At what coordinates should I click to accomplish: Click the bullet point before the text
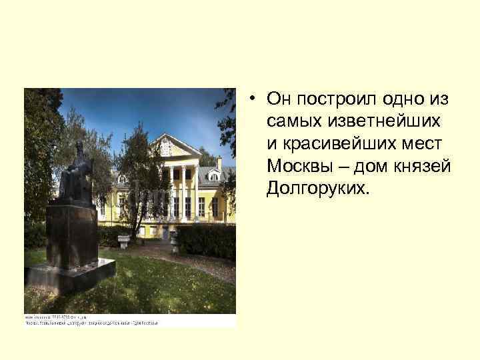click(255, 99)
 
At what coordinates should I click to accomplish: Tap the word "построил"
click(336, 99)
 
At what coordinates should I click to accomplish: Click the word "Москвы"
click(297, 165)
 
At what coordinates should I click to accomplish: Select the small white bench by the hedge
click(124, 240)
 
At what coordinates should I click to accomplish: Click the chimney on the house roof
click(219, 161)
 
